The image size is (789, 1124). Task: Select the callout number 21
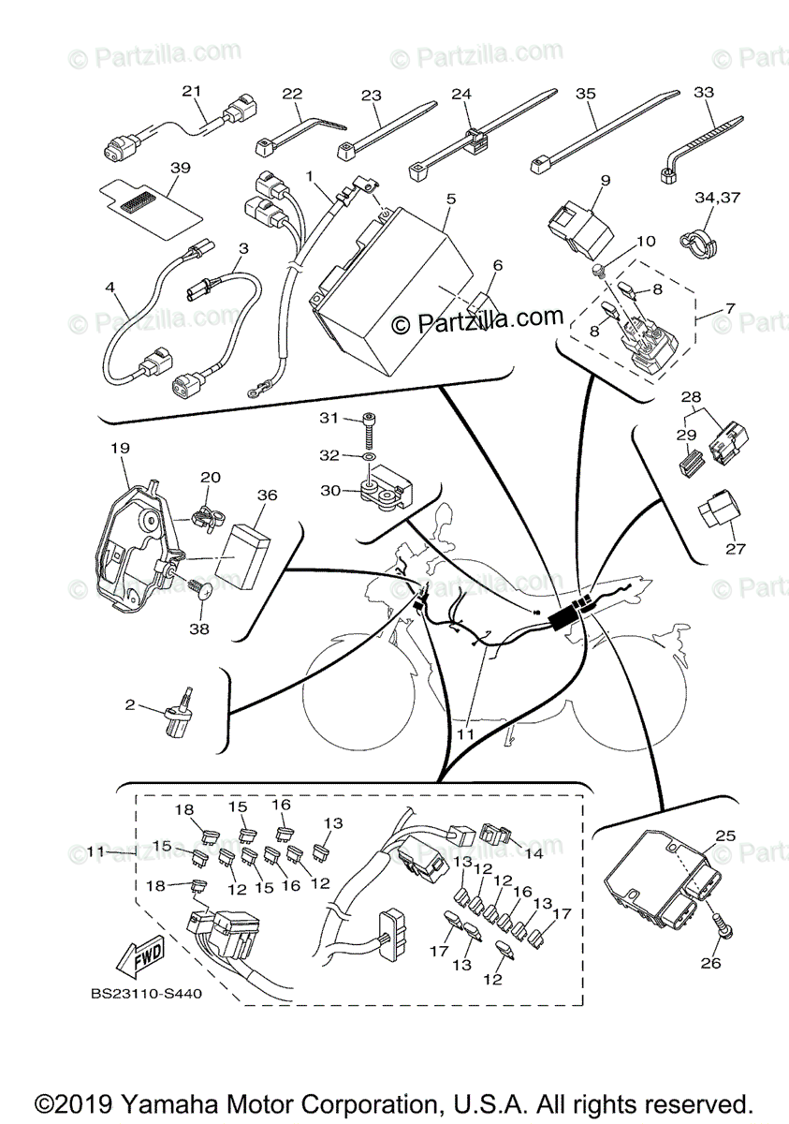tap(192, 91)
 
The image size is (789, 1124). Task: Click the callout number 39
tap(181, 168)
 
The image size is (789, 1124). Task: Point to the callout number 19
tap(119, 448)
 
